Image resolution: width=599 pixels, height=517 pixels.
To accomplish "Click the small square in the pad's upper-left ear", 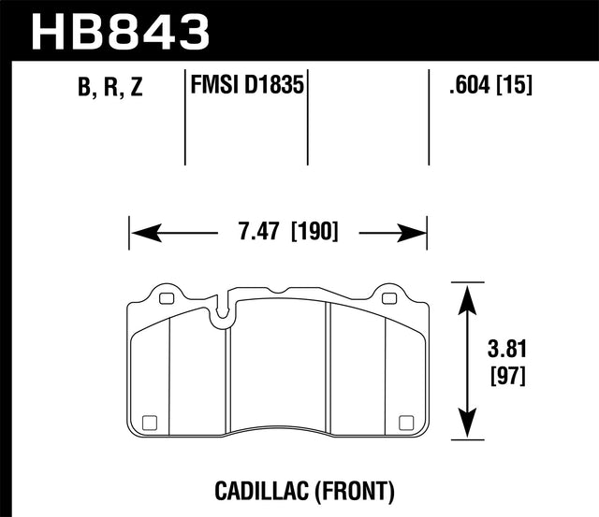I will [167, 300].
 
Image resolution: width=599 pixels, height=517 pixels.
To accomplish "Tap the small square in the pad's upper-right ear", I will [389, 300].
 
